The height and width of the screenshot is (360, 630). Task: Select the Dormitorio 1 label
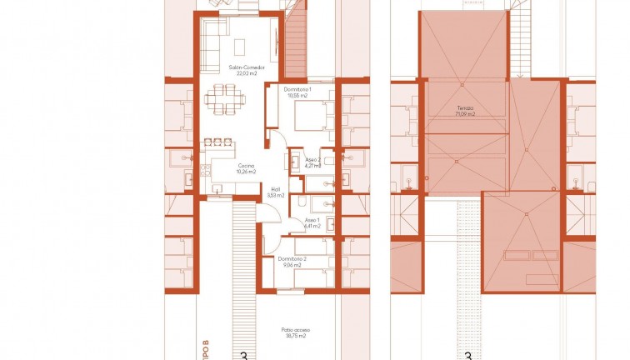click(x=297, y=89)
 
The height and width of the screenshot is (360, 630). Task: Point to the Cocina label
click(x=245, y=166)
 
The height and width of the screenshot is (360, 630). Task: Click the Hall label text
click(x=276, y=189)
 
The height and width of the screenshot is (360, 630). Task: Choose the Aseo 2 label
click(x=312, y=159)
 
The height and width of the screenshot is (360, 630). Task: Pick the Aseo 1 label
click(x=312, y=220)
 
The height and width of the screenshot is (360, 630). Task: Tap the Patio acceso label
click(x=296, y=330)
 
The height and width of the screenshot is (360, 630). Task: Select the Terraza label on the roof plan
click(x=464, y=107)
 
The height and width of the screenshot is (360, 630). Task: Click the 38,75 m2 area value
click(x=296, y=336)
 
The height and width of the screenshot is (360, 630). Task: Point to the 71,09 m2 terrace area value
click(x=464, y=113)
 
